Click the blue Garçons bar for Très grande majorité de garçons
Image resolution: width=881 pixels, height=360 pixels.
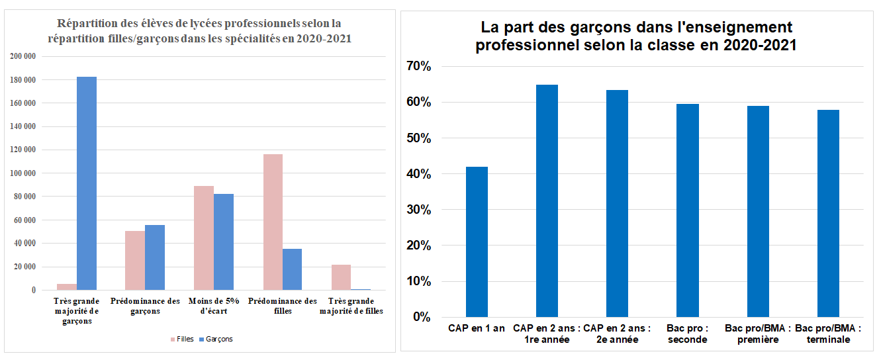pyautogui.click(x=87, y=183)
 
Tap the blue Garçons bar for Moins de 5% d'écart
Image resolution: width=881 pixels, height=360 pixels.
pyautogui.click(x=224, y=242)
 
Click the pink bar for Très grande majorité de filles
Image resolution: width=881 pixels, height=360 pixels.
pyautogui.click(x=341, y=277)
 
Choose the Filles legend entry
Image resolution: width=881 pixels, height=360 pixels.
pyautogui.click(x=182, y=339)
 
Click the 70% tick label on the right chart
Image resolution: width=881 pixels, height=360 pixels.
pyautogui.click(x=418, y=67)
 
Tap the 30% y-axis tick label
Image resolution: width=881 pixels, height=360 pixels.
pyautogui.click(x=418, y=210)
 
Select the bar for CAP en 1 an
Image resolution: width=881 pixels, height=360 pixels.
pyautogui.click(x=477, y=242)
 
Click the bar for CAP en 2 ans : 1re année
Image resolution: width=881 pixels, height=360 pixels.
pyautogui.click(x=547, y=201)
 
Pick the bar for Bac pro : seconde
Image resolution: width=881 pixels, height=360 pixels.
pyautogui.click(x=688, y=210)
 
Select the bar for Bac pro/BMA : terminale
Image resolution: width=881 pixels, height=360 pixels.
pyautogui.click(x=828, y=213)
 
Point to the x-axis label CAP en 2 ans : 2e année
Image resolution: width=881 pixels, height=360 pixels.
pyautogui.click(x=617, y=334)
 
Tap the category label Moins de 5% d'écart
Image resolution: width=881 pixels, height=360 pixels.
pyautogui.click(x=213, y=306)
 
